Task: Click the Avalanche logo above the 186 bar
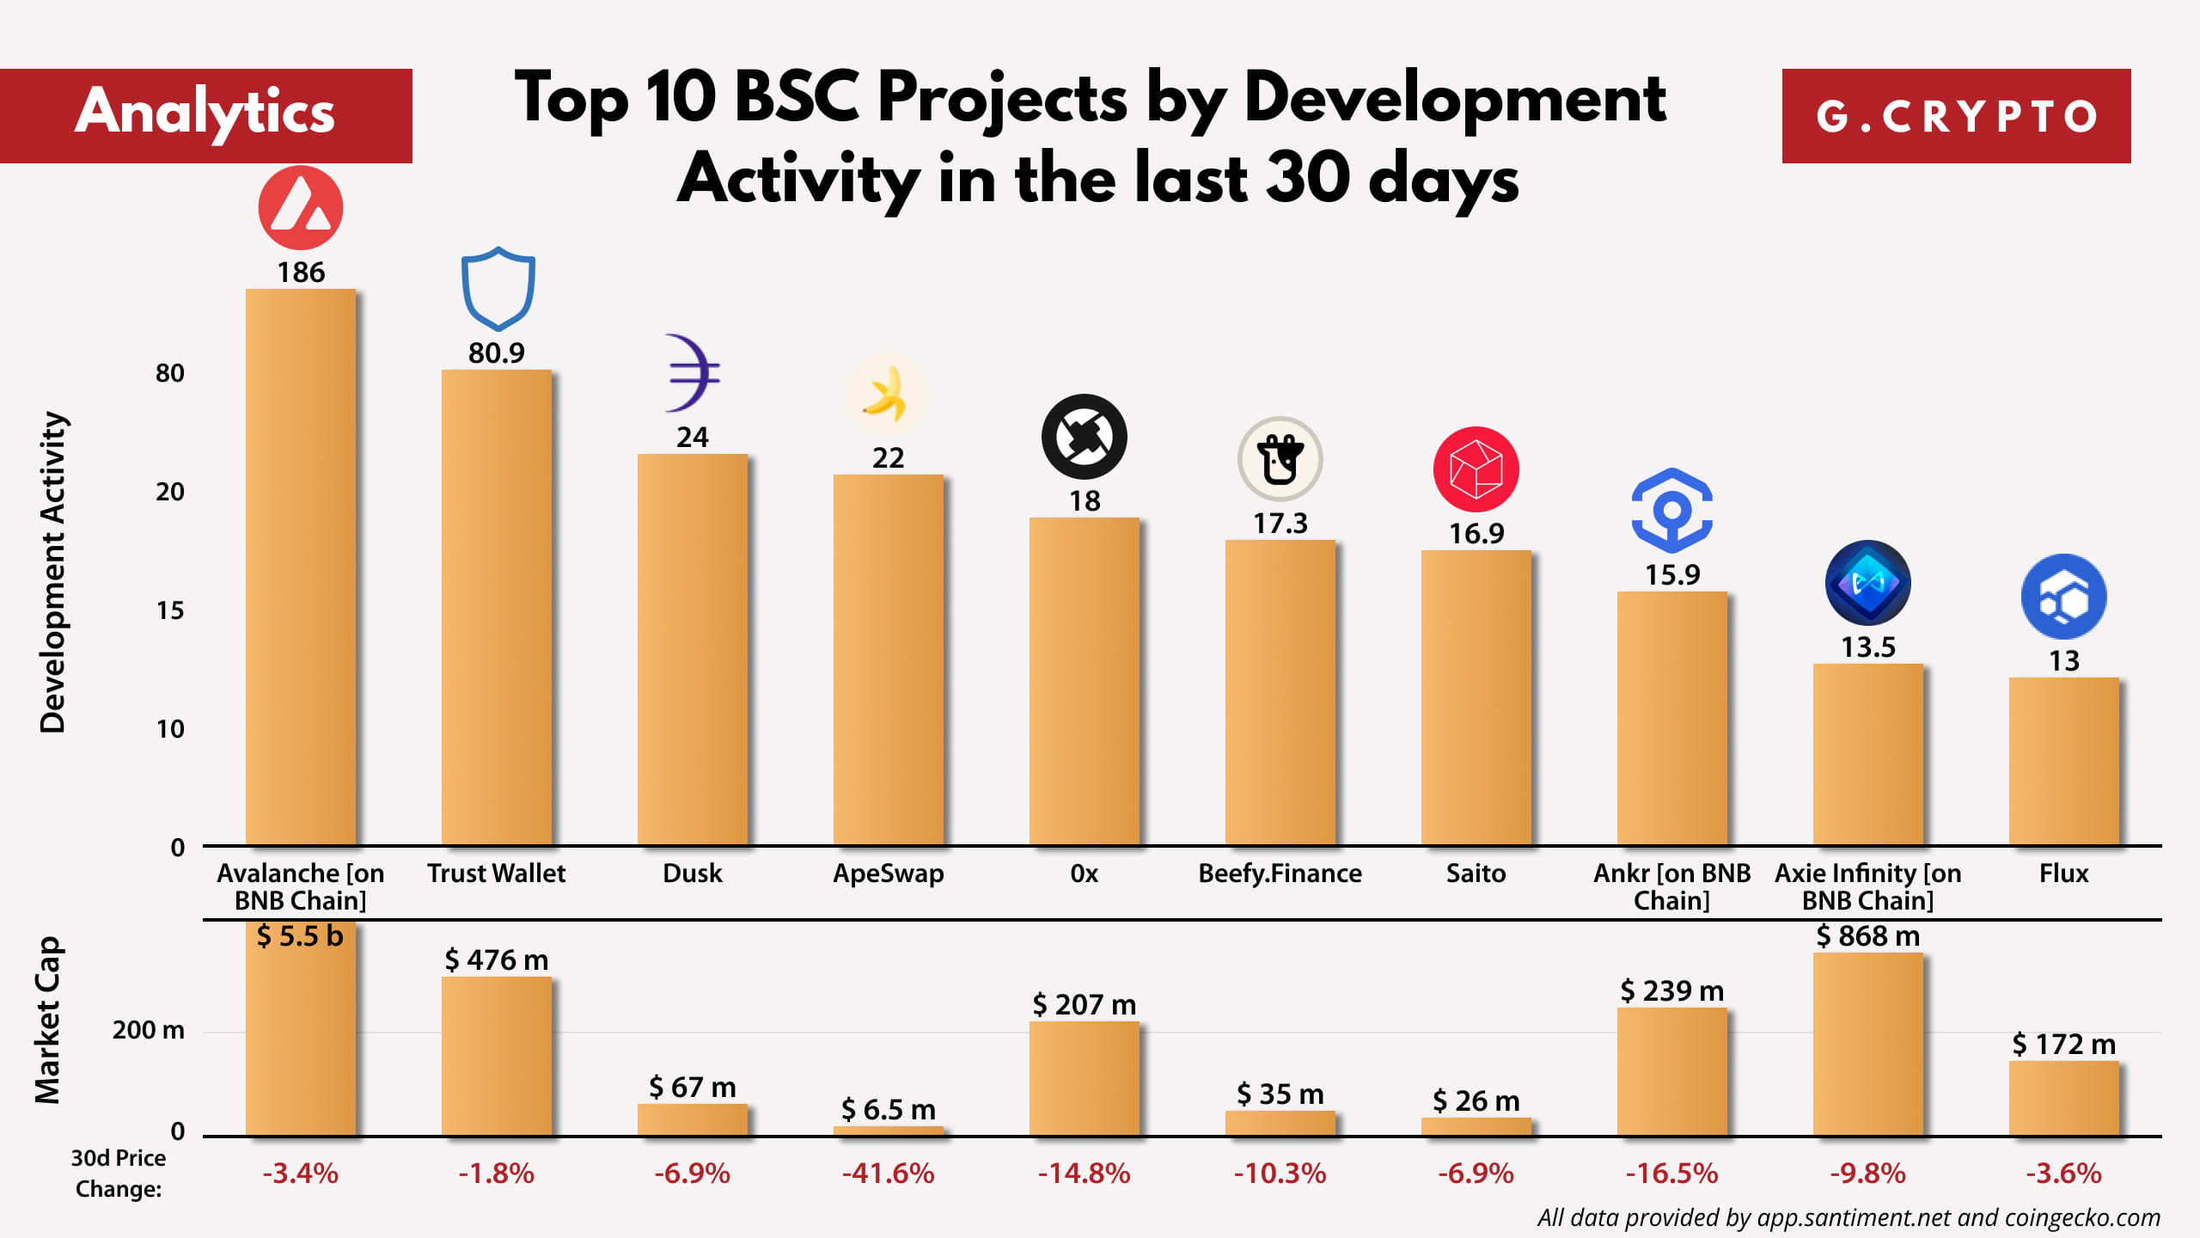[x=301, y=208]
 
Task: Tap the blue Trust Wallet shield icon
[x=498, y=289]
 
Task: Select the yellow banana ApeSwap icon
[x=887, y=395]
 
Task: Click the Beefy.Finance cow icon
[x=1280, y=459]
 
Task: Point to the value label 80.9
[x=496, y=352]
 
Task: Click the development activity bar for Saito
[x=1476, y=696]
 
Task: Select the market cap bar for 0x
[x=1084, y=1078]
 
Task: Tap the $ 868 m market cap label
[x=1867, y=935]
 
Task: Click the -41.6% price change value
[x=888, y=1173]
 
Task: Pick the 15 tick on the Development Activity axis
[x=169, y=610]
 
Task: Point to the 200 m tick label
[x=148, y=1029]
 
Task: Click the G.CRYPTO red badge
[x=1956, y=116]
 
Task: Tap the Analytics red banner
[x=205, y=114]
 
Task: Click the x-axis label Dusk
[x=692, y=873]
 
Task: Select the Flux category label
[x=2063, y=873]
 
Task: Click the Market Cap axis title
[x=48, y=1020]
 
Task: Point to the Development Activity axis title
[x=53, y=572]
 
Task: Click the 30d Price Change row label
[x=118, y=1173]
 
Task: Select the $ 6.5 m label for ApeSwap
[x=888, y=1109]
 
